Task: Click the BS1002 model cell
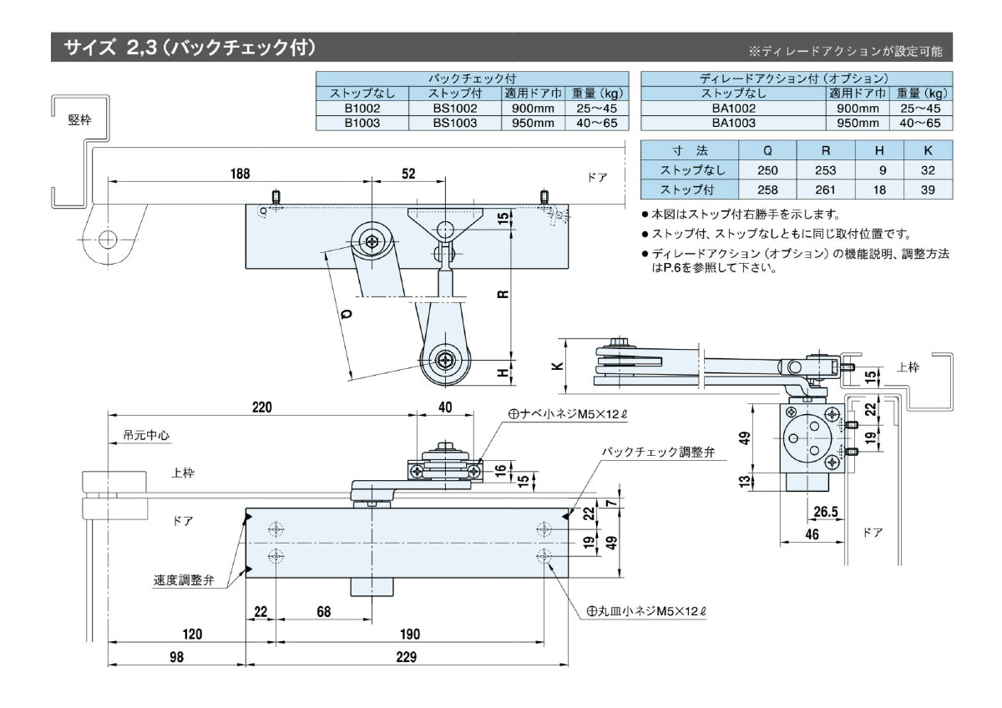click(454, 108)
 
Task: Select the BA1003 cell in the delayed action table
click(734, 123)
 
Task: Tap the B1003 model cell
click(362, 123)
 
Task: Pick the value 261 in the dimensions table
click(826, 190)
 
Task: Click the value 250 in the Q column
click(767, 170)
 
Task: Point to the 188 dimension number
click(240, 174)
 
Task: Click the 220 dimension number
click(262, 407)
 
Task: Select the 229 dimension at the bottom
click(406, 657)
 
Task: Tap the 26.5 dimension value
click(824, 510)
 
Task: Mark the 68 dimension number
click(323, 612)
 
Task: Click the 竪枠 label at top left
click(80, 119)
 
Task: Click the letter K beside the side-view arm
click(558, 365)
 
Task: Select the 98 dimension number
click(176, 657)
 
